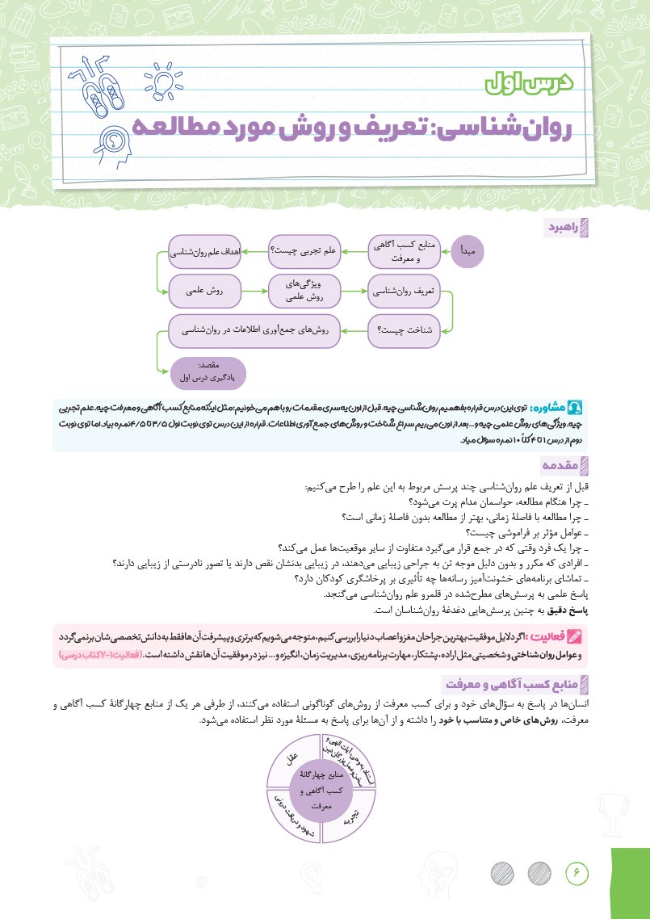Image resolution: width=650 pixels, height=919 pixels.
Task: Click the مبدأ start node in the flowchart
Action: (x=468, y=253)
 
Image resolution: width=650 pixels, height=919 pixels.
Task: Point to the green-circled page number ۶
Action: (x=578, y=871)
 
